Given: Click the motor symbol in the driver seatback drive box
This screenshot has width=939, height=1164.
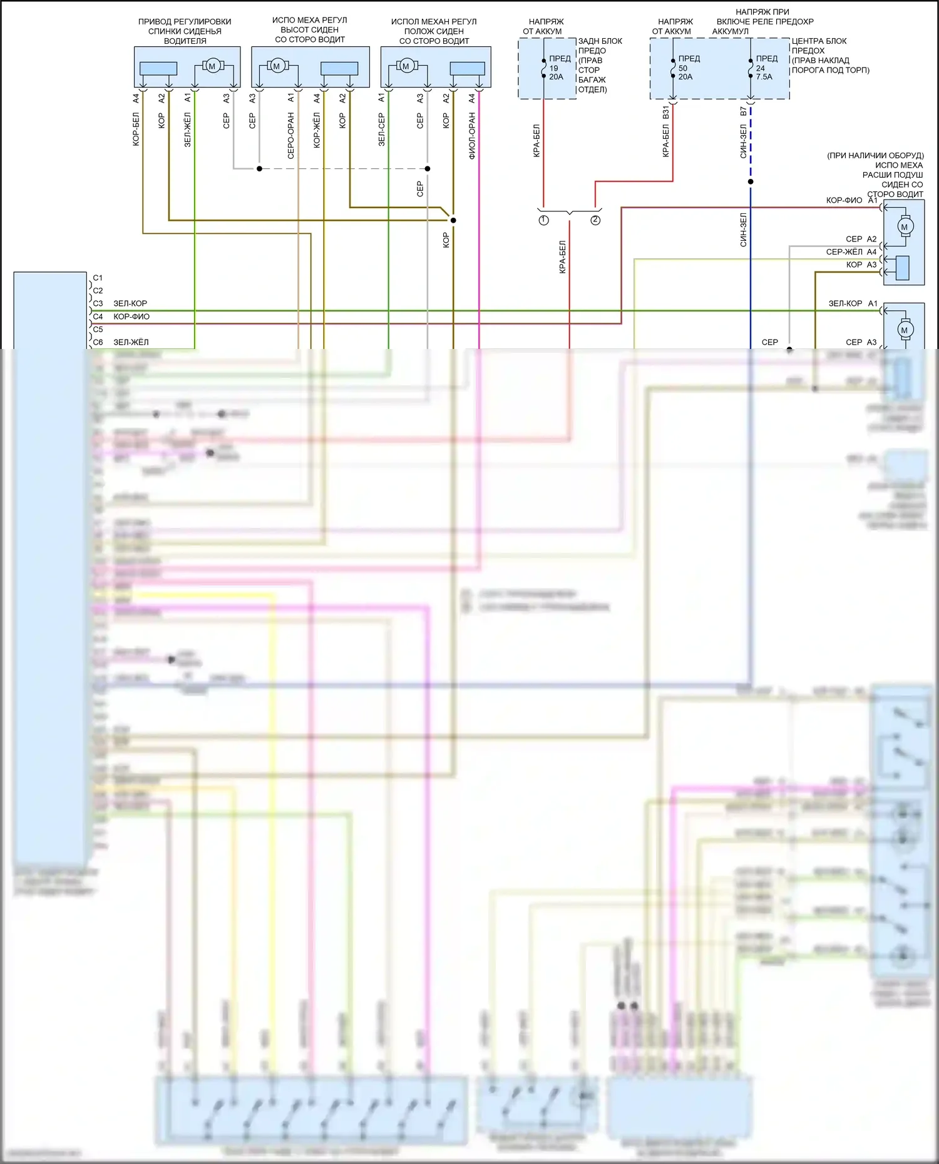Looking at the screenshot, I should pyautogui.click(x=212, y=66).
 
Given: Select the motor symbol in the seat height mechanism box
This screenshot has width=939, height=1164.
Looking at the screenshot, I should pyautogui.click(x=276, y=66).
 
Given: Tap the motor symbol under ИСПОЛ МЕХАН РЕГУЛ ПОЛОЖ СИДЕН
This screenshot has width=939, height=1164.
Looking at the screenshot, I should pyautogui.click(x=406, y=66).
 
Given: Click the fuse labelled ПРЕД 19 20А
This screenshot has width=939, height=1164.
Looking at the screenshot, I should pyautogui.click(x=543, y=68).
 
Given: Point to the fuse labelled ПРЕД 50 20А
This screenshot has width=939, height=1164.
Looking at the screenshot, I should pyautogui.click(x=673, y=68).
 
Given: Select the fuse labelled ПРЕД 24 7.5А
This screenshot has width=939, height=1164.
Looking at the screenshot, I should pyautogui.click(x=751, y=68).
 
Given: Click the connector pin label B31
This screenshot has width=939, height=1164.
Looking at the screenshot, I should pyautogui.click(x=665, y=112).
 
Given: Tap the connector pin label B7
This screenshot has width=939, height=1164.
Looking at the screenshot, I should pyautogui.click(x=743, y=111).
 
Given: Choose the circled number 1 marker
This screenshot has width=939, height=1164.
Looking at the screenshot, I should pyautogui.click(x=543, y=220).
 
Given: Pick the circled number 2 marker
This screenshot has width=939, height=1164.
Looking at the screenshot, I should pyautogui.click(x=595, y=220).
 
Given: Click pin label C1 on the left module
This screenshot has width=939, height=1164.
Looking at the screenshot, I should pyautogui.click(x=98, y=278).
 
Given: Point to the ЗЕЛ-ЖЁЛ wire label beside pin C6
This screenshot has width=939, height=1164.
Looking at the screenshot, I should pyautogui.click(x=131, y=342).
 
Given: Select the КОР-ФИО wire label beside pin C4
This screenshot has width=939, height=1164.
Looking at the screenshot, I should pyautogui.click(x=131, y=316).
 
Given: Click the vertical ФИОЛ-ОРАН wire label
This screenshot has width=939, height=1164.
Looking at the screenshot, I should pyautogui.click(x=472, y=136).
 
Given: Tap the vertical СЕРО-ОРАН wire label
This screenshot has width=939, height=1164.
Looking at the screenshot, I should pyautogui.click(x=290, y=136).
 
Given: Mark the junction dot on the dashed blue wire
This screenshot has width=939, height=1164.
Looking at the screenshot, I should pyautogui.click(x=751, y=182).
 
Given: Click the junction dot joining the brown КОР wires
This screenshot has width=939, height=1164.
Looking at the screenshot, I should pyautogui.click(x=453, y=220).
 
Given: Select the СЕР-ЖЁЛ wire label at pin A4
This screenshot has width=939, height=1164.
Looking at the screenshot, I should pyautogui.click(x=844, y=252).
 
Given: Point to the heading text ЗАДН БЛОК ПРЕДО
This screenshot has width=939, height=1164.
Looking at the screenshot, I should pyautogui.click(x=600, y=46).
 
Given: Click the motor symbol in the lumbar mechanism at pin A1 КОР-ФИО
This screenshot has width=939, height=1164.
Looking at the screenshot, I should pyautogui.click(x=904, y=227).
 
